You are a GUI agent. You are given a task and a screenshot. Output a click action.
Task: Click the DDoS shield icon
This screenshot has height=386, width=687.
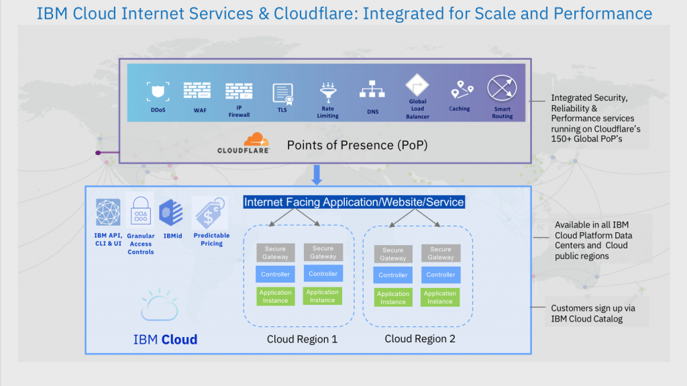pyautogui.click(x=158, y=91)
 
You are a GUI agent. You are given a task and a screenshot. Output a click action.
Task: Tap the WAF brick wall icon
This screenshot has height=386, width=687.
pyautogui.click(x=197, y=90)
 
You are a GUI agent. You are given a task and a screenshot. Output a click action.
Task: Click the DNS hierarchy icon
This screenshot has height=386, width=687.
pyautogui.click(x=372, y=91)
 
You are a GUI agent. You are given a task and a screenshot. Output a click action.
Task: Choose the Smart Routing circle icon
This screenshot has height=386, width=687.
pyautogui.click(x=502, y=89)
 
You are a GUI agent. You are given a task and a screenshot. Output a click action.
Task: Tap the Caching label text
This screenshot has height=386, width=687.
pyautogui.click(x=460, y=109)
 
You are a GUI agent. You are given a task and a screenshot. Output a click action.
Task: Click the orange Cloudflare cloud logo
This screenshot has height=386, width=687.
pyautogui.click(x=256, y=140)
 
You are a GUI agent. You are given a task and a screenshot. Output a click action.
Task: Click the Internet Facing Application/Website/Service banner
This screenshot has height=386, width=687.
pyautogui.click(x=354, y=202)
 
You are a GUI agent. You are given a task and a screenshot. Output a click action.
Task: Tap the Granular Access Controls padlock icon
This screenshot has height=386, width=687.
pyautogui.click(x=140, y=211)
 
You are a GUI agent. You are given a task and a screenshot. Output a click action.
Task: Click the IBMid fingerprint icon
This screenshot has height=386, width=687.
pyautogui.click(x=171, y=213)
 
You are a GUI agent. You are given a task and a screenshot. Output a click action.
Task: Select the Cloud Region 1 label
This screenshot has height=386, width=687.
pyautogui.click(x=302, y=339)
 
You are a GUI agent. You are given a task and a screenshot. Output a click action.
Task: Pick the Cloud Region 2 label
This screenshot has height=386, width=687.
pyautogui.click(x=420, y=339)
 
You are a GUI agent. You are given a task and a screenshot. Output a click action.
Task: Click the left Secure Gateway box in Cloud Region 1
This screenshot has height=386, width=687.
pyautogui.click(x=275, y=252)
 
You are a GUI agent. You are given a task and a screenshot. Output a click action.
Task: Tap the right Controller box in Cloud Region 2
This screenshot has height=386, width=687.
pyautogui.click(x=440, y=275)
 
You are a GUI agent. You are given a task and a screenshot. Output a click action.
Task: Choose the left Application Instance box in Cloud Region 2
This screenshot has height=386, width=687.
pyautogui.click(x=393, y=297)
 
